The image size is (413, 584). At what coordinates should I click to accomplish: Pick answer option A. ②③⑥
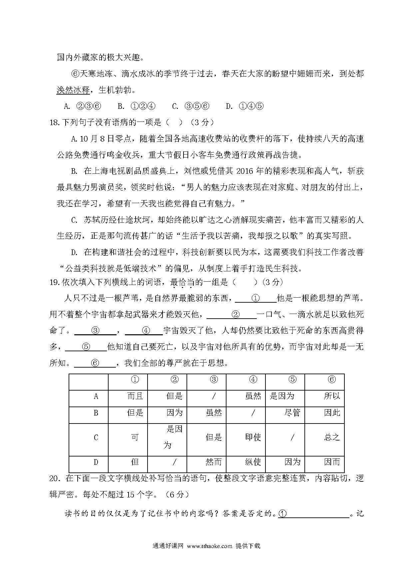coord(82,106)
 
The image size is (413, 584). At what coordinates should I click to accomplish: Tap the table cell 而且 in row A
coord(135,396)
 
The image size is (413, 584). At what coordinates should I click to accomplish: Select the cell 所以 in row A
coord(332,396)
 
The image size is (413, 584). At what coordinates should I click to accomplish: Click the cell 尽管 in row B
coord(292,413)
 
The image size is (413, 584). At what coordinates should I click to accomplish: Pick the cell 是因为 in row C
coord(174,437)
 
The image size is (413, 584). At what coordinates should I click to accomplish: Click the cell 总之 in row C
coord(332,437)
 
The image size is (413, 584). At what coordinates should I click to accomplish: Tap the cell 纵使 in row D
coord(253,462)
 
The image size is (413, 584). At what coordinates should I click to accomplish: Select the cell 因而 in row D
coord(332,462)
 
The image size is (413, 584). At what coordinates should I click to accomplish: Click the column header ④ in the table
coord(253,380)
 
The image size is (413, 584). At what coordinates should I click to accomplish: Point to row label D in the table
coord(96,462)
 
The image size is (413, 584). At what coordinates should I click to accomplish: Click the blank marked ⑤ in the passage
coord(86,347)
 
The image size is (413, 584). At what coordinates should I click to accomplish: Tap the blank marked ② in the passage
coord(235,314)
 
